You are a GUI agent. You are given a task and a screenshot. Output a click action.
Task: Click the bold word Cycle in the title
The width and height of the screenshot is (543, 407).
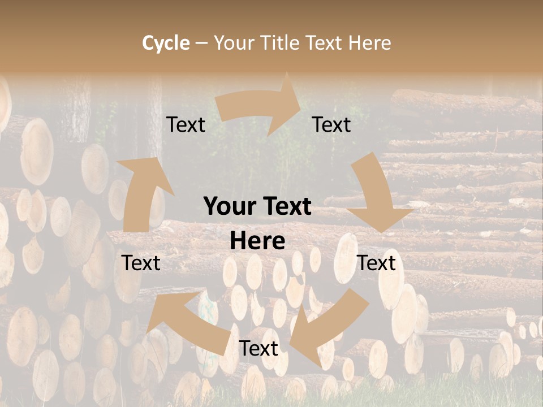(x=166, y=43)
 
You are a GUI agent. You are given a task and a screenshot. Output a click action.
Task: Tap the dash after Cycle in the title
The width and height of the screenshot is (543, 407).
(x=201, y=43)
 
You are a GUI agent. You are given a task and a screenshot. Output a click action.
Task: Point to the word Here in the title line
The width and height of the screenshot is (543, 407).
(x=369, y=43)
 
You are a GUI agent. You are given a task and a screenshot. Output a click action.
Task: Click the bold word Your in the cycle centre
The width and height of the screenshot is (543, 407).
(x=229, y=207)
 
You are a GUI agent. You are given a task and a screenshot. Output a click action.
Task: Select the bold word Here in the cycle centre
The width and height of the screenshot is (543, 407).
(x=257, y=241)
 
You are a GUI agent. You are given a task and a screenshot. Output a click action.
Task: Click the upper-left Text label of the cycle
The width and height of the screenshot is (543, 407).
(x=186, y=125)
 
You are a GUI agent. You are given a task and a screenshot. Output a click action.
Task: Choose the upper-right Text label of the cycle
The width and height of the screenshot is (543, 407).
(x=331, y=125)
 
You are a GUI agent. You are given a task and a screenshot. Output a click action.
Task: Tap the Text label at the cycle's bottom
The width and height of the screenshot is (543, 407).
(x=258, y=349)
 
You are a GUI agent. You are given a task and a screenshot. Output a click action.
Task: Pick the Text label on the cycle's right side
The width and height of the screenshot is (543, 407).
(x=377, y=263)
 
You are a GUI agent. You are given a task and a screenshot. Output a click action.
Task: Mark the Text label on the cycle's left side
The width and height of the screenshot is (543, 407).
(x=141, y=263)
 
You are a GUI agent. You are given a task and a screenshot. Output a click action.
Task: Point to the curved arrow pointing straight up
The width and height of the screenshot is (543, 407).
(x=141, y=192)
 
